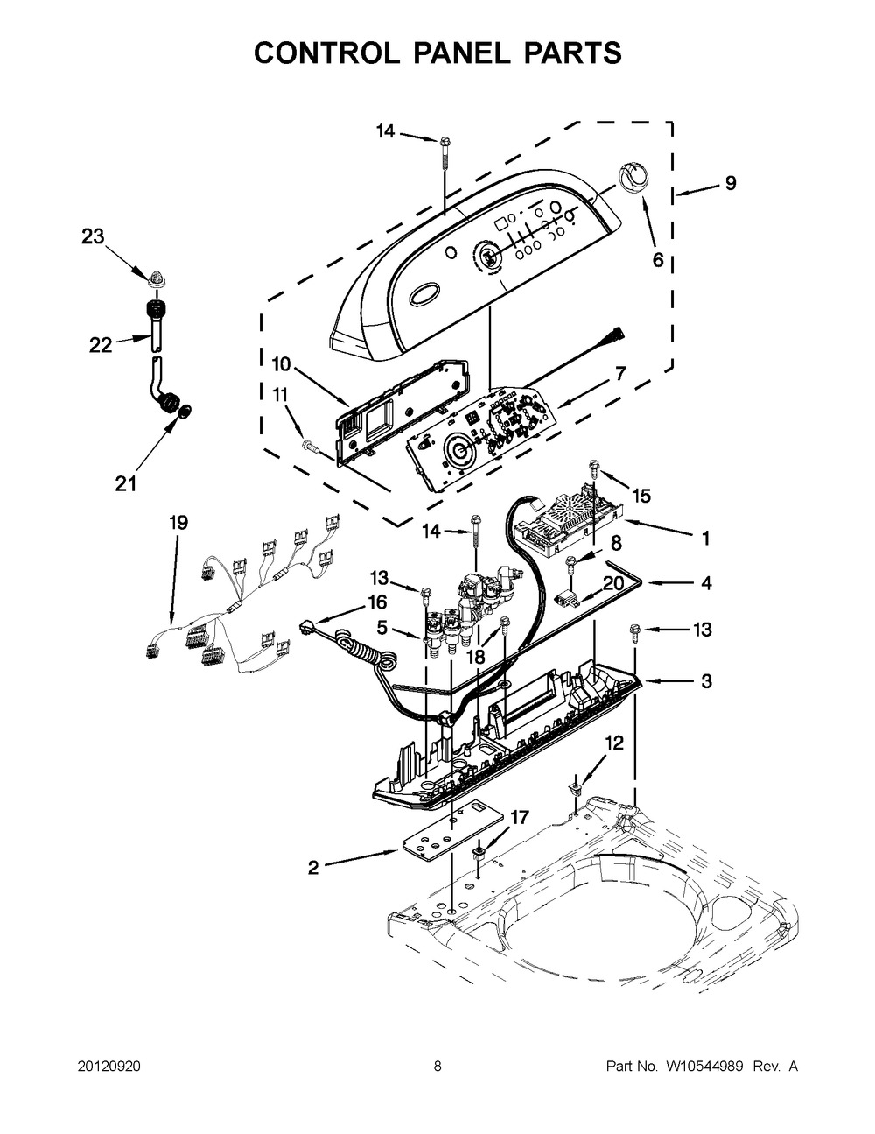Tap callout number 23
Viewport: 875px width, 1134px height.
point(94,236)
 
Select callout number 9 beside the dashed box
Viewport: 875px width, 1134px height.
point(731,183)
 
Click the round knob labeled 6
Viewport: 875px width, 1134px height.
point(633,178)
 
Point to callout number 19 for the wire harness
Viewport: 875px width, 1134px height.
point(178,522)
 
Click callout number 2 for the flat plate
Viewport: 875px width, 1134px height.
point(313,867)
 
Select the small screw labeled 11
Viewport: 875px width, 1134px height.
point(309,445)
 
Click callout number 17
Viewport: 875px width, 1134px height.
point(520,817)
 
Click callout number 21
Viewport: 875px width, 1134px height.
point(126,483)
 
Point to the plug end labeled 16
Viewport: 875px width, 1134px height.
point(306,627)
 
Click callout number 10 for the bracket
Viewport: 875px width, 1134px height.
point(281,363)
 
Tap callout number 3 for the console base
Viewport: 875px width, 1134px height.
point(706,680)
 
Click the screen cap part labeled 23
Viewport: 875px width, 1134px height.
point(155,278)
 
